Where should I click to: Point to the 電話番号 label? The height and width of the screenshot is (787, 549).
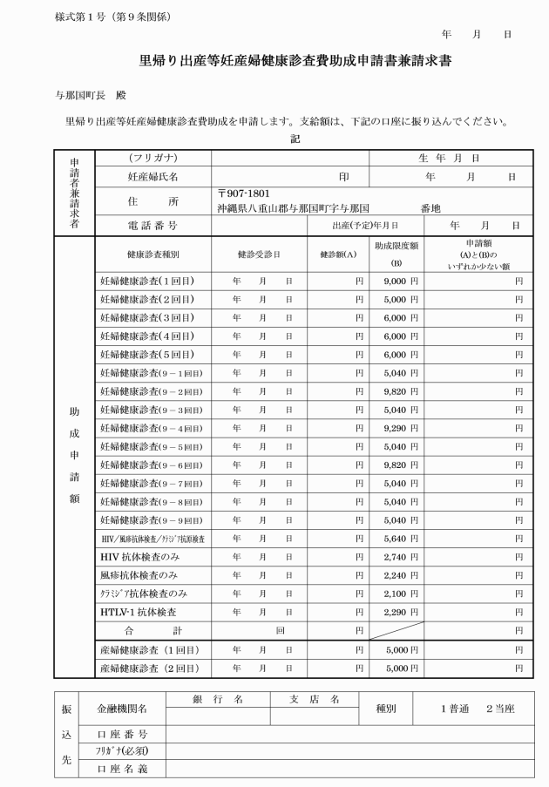tap(152, 225)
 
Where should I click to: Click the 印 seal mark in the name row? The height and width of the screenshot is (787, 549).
tap(345, 176)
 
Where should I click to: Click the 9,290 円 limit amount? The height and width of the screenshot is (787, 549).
tap(401, 428)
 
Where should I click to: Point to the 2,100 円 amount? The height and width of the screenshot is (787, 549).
tap(401, 594)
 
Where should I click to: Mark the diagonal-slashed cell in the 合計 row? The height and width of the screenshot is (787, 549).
tap(396, 630)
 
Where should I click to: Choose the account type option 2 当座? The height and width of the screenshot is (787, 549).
tap(500, 709)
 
